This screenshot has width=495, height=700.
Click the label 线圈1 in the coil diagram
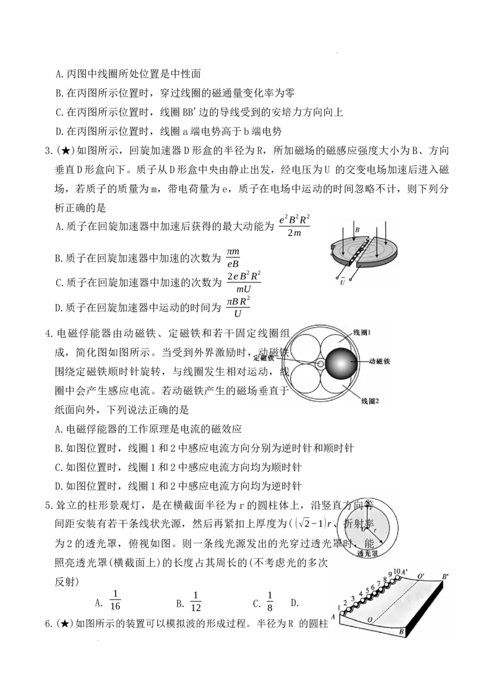363,333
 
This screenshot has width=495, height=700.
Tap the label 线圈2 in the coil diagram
370,401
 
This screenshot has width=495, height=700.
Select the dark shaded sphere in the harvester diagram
342,364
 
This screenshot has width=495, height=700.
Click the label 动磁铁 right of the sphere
379,361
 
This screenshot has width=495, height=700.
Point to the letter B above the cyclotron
357,230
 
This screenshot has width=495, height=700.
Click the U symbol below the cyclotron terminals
342,282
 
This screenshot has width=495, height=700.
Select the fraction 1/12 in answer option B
196,601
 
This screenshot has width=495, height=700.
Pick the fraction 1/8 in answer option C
270,601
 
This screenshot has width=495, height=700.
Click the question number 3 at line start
49,151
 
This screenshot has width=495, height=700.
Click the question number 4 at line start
49,333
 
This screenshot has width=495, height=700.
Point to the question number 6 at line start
49,624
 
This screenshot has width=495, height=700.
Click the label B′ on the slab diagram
445,577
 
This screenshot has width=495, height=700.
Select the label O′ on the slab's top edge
421,576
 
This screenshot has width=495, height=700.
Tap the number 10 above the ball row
397,571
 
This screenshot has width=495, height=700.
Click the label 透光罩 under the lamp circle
368,553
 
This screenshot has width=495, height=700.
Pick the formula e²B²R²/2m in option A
295,226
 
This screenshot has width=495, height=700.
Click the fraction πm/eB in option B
233,258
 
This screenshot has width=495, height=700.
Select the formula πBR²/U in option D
238,307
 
